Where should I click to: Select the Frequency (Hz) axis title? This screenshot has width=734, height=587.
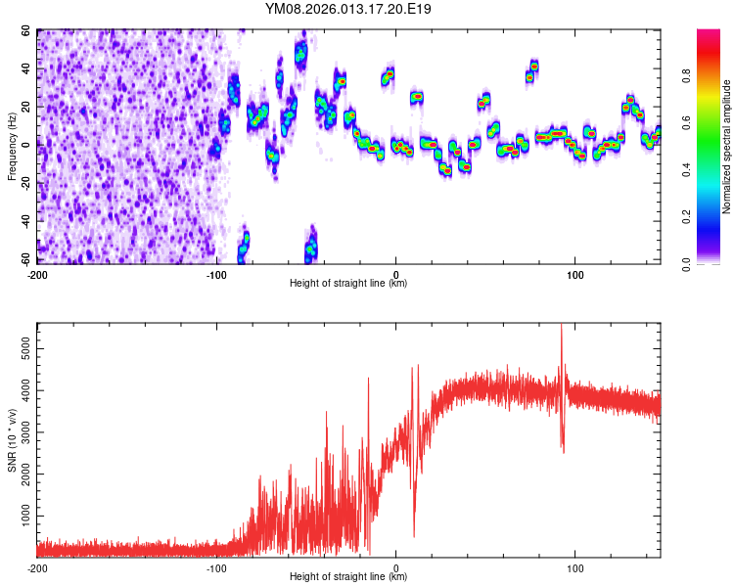[11, 147]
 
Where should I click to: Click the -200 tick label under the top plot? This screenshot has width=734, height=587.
[37, 274]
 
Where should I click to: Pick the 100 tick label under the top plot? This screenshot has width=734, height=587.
[575, 274]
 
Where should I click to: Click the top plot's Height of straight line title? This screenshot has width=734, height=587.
[348, 284]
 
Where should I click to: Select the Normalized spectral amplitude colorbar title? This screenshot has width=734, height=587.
[728, 147]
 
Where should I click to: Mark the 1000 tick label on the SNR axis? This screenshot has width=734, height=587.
[23, 515]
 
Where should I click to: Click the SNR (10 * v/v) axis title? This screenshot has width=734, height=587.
[11, 440]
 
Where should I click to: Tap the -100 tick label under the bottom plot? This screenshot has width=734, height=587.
[216, 567]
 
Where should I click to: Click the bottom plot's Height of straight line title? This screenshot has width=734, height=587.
[348, 577]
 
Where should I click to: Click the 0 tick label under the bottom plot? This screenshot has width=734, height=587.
[396, 567]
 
